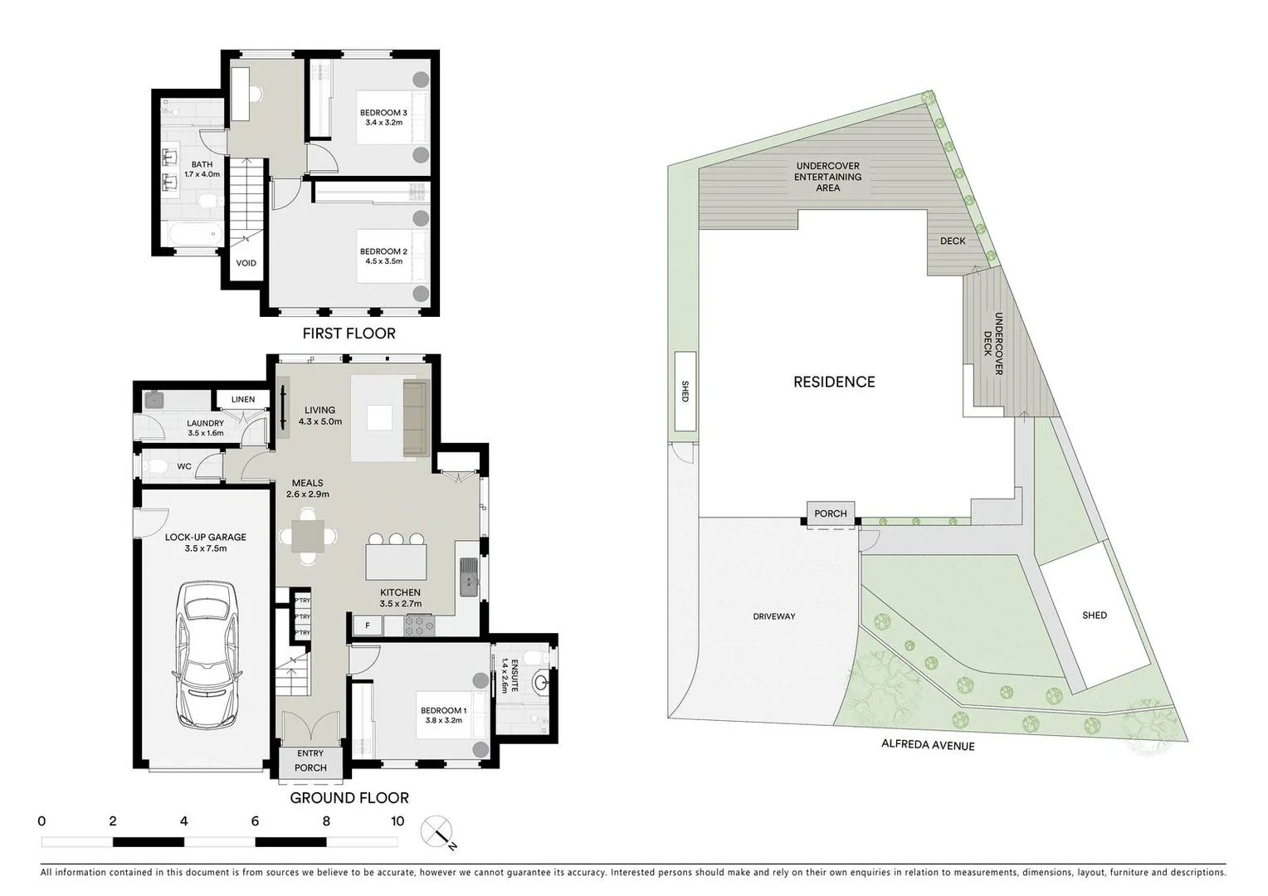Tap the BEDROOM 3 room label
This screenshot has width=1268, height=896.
383,117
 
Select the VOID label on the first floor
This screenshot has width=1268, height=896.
246,263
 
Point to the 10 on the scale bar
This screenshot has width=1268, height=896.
397,821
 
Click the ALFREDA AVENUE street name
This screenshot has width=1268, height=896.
928,745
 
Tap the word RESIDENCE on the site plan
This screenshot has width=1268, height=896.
834,382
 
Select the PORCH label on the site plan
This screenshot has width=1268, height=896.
830,514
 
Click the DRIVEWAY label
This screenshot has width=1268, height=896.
773,616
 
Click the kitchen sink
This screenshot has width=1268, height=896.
469,576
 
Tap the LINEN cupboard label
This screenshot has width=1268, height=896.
243,399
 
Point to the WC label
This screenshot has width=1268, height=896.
184,466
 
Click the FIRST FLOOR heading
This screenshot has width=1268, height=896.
349,334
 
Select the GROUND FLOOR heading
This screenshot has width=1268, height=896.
349,798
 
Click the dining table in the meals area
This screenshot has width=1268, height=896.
308,536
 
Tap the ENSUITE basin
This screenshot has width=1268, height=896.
541,684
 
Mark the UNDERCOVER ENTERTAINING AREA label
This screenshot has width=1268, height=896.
827,177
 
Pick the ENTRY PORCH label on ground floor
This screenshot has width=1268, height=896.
310,761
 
